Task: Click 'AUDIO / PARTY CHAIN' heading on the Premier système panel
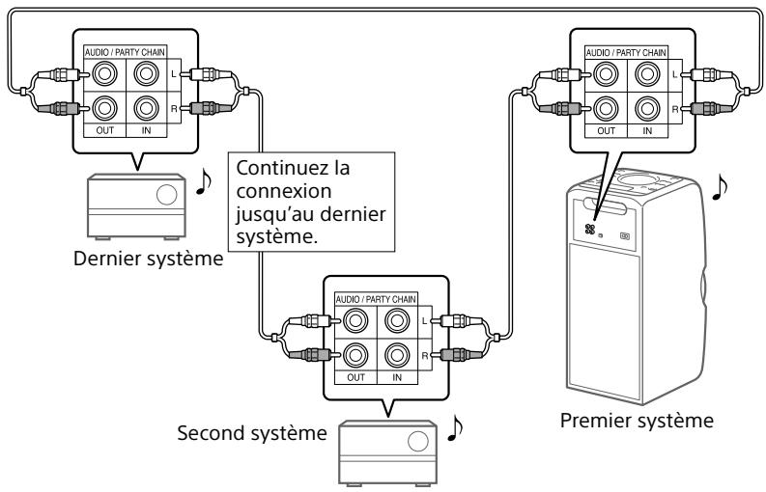click(x=626, y=51)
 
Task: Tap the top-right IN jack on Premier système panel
click(x=648, y=73)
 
